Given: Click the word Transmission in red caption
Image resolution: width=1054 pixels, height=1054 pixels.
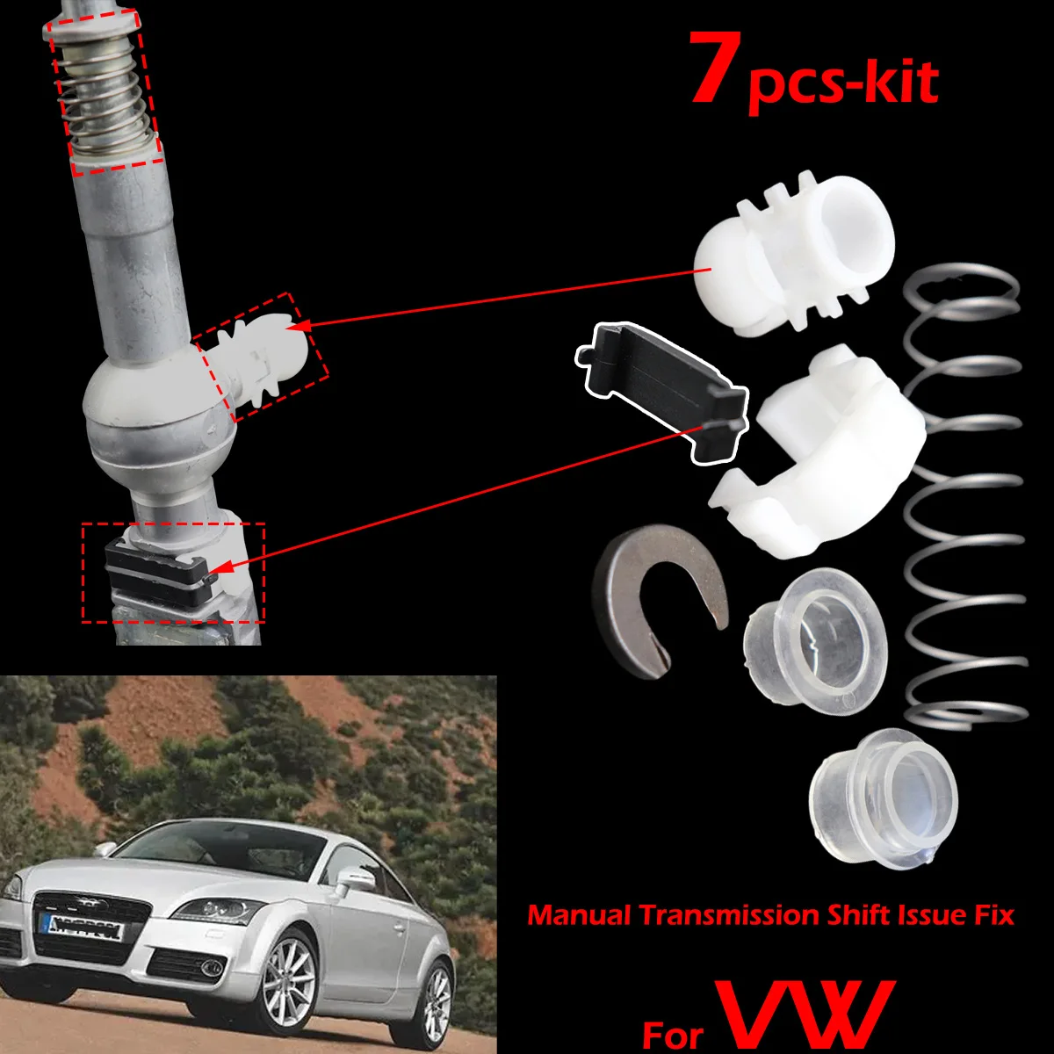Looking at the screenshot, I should [x=729, y=915].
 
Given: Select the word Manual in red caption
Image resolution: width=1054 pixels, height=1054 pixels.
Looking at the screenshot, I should [x=579, y=915].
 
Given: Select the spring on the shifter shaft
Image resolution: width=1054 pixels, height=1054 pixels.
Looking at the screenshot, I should [x=104, y=92].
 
